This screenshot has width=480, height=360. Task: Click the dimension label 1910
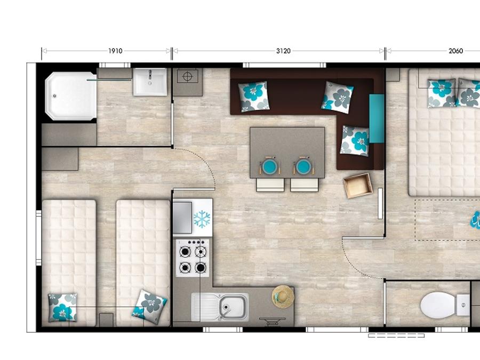[x=115, y=51]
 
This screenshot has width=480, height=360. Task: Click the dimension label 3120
[x=283, y=51]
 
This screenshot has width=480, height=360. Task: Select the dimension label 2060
[x=456, y=51]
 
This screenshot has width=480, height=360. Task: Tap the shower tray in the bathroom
[x=71, y=96]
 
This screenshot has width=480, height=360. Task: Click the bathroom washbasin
[x=150, y=82]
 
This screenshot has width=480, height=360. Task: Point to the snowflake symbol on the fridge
[x=202, y=219]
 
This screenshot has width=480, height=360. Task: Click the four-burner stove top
[x=192, y=258]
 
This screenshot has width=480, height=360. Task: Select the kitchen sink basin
[x=233, y=307]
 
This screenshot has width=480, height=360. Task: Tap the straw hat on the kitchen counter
[x=283, y=297]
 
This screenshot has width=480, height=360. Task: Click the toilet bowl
[x=438, y=305]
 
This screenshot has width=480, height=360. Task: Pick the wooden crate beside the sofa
[x=358, y=186]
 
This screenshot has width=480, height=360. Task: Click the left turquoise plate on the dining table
[x=270, y=167]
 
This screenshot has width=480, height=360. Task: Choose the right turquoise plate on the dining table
[x=303, y=167]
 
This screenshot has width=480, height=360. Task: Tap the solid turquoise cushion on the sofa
[x=377, y=118]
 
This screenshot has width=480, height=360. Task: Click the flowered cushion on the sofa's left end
[x=253, y=96]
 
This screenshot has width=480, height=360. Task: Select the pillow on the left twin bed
[x=62, y=307]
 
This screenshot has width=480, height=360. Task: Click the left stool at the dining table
[x=270, y=185]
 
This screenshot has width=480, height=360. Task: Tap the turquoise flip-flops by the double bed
[x=475, y=220]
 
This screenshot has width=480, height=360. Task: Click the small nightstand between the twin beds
[x=106, y=319]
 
